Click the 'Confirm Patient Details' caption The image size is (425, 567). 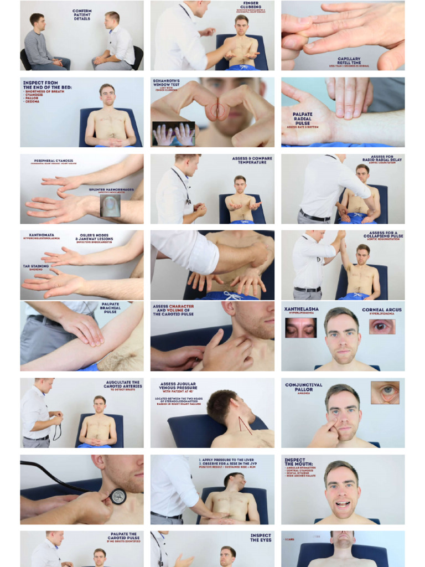point(82,14)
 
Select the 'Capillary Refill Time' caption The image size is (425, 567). point(349,60)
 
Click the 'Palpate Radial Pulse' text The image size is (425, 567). point(303,117)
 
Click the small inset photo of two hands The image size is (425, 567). point(173,134)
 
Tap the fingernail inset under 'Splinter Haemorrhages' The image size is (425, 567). point(110,205)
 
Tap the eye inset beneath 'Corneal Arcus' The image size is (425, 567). point(382,326)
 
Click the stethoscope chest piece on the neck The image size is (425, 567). point(118,496)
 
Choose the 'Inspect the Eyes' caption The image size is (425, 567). point(261,538)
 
